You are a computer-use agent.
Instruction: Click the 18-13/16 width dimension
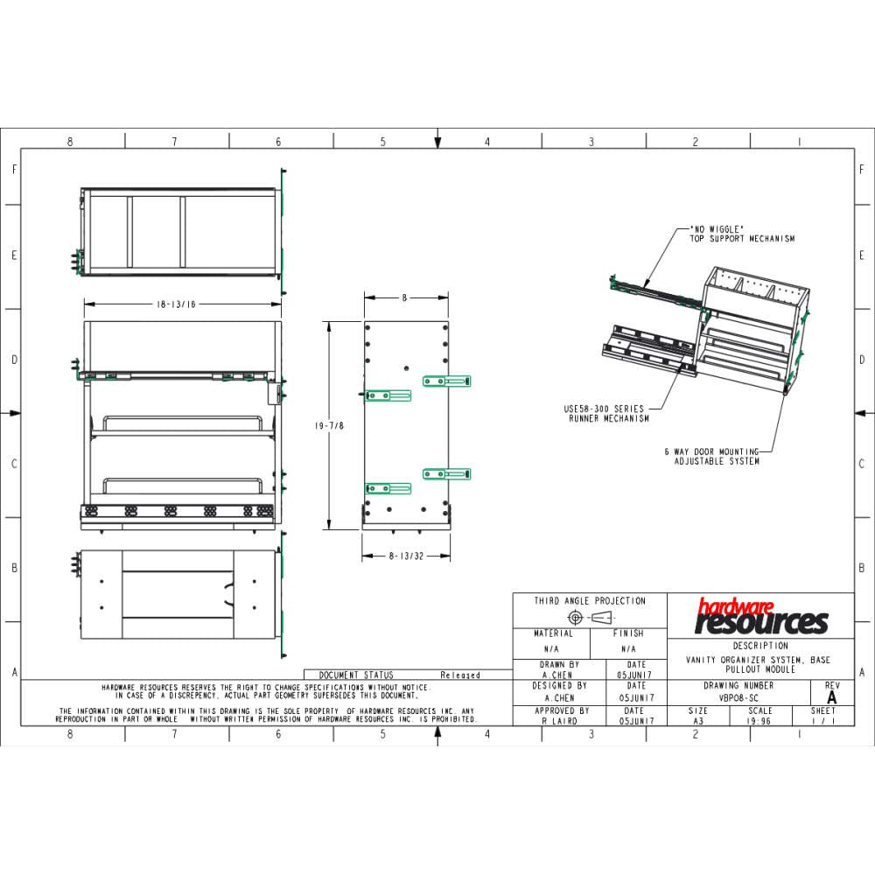(x=176, y=304)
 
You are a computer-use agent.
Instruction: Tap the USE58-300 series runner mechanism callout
(x=605, y=413)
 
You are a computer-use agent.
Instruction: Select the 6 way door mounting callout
(x=710, y=456)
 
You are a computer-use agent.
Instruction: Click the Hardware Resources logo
(x=760, y=616)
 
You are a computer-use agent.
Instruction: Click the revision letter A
(x=831, y=697)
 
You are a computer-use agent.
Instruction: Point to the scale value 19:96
(x=759, y=722)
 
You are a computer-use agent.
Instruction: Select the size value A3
(x=698, y=722)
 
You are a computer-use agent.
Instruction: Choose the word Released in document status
(x=460, y=675)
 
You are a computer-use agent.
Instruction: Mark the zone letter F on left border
(x=14, y=169)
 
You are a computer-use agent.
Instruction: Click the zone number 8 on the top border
(x=70, y=142)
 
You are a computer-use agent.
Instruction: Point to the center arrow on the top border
(x=437, y=141)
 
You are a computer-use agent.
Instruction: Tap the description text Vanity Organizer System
(x=759, y=660)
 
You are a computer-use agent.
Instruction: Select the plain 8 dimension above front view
(x=404, y=297)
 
